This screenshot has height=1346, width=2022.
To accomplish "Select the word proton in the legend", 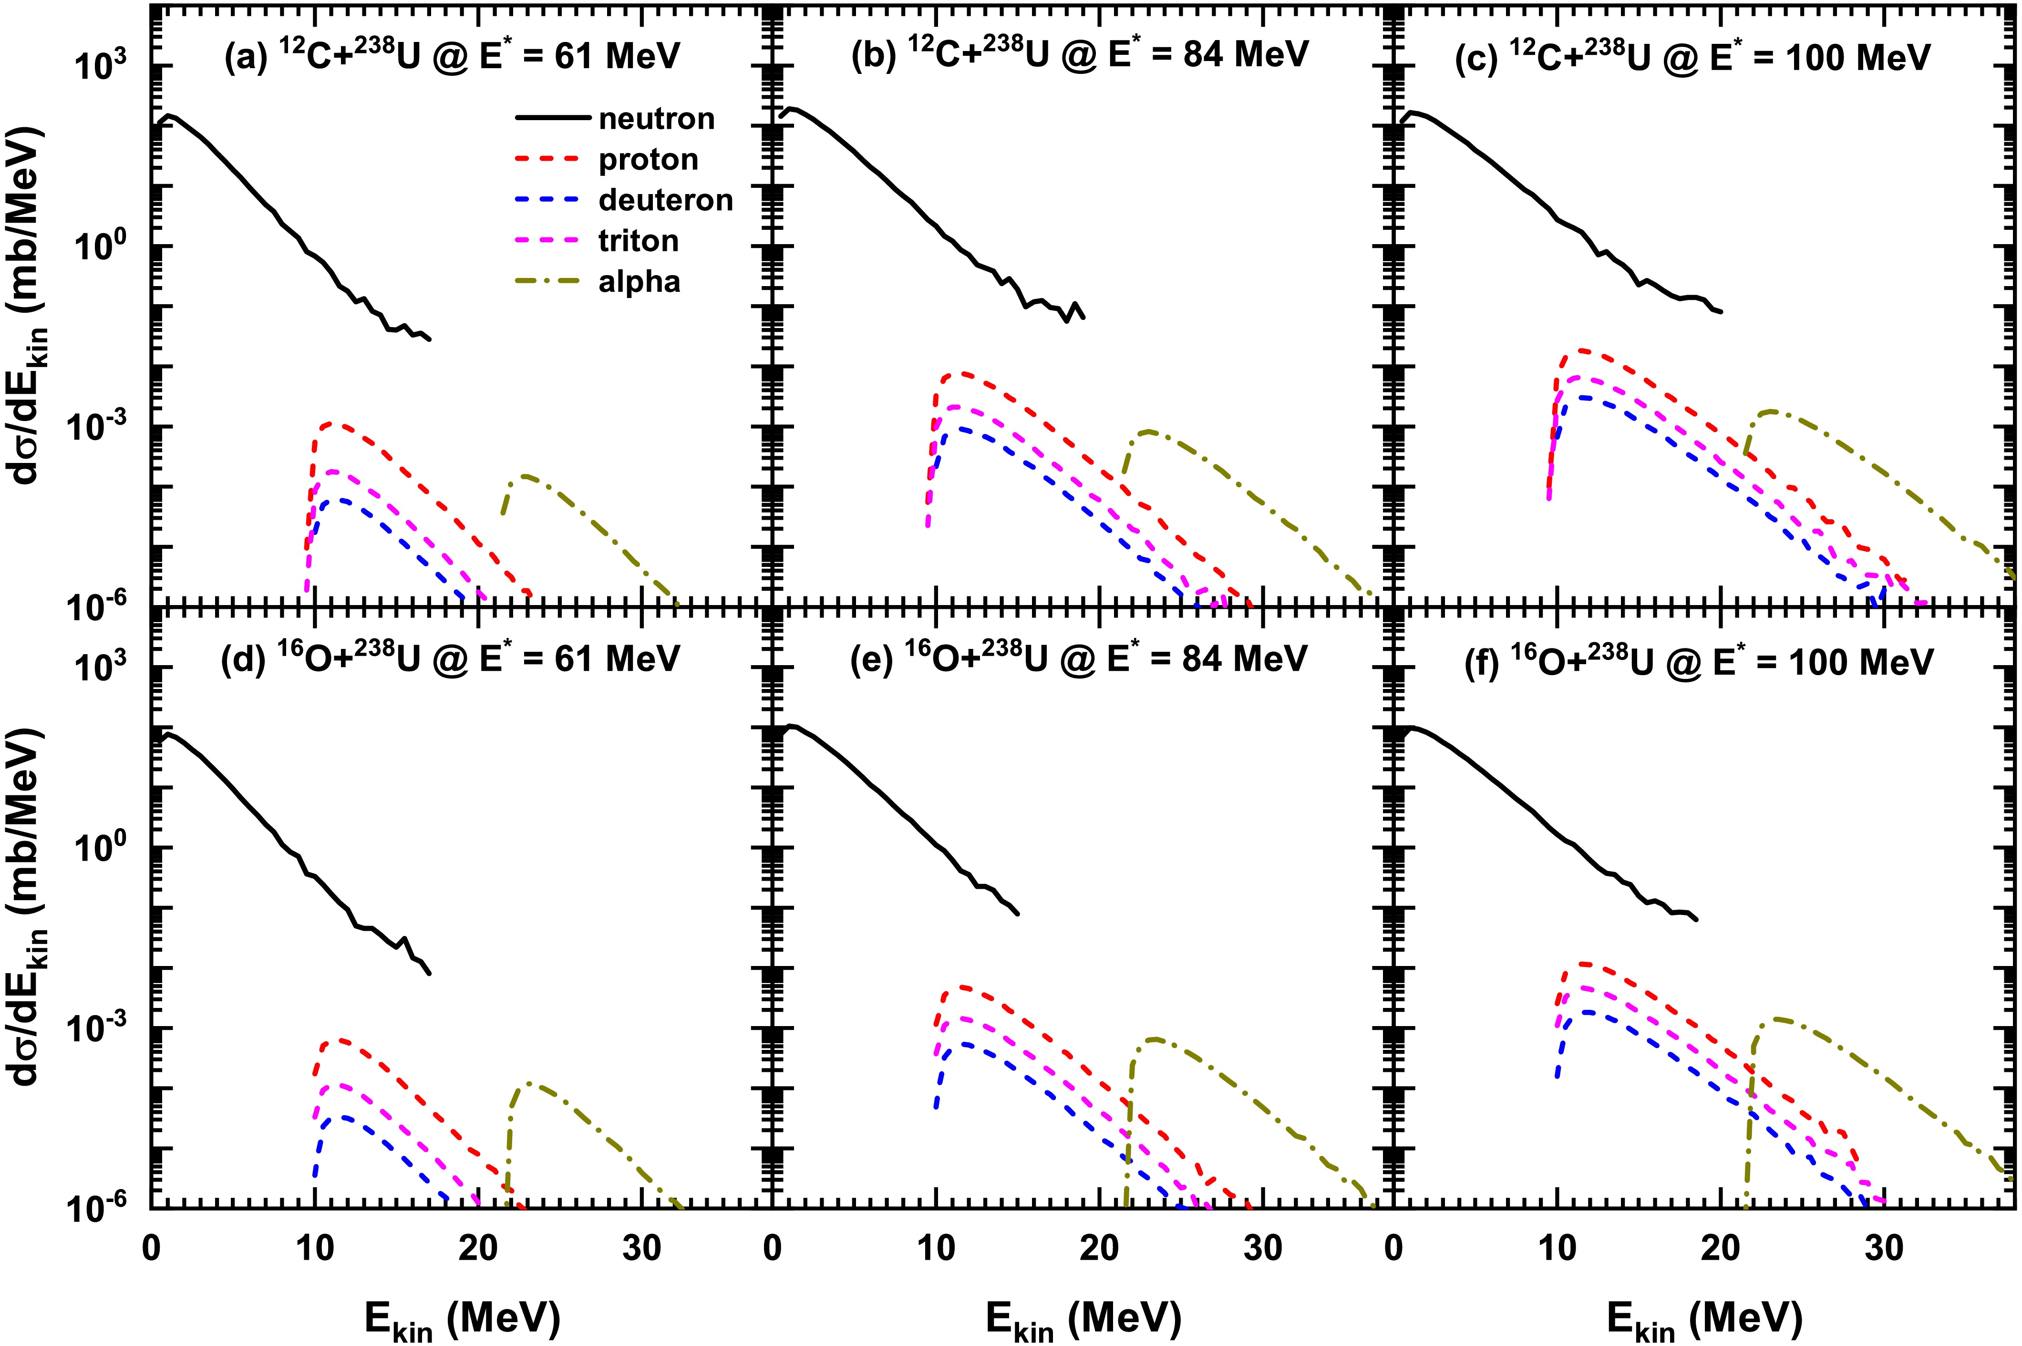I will tap(648, 160).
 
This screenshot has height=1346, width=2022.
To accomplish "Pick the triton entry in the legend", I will tap(639, 241).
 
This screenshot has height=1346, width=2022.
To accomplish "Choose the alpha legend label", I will tap(639, 282).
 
